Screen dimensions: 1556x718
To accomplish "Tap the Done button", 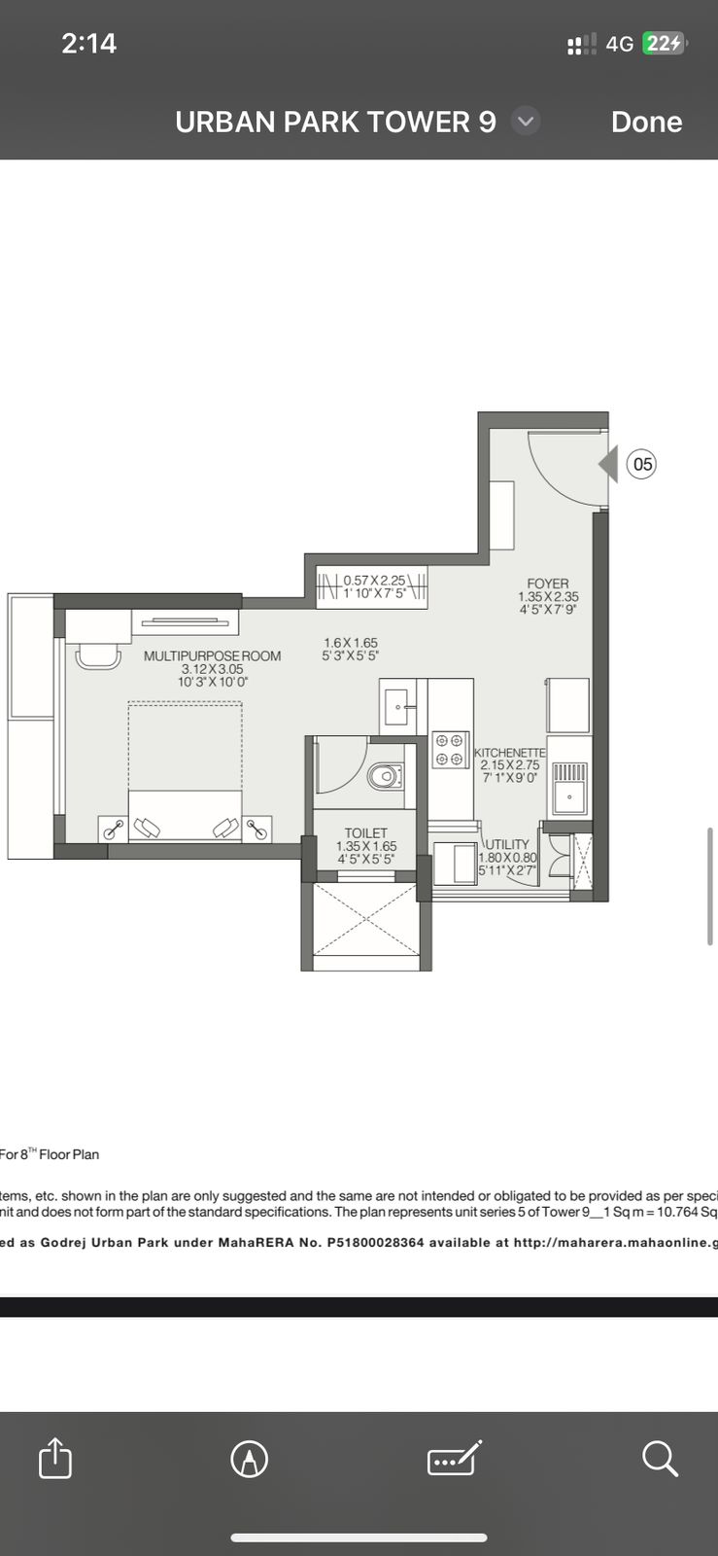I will coord(646,122).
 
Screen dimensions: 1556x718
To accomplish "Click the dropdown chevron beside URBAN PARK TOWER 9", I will coord(526,122).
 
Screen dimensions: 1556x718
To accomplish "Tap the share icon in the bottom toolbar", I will coord(55,1459).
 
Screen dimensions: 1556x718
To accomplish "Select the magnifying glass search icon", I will coord(660,1459).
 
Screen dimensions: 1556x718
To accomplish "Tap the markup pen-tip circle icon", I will coord(250,1459).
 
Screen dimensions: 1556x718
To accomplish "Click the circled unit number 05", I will coord(642,464).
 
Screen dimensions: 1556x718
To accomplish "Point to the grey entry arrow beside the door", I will coord(608,464).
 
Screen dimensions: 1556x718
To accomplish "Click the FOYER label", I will coord(548,583).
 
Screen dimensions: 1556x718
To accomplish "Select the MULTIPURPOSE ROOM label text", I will coord(212,656).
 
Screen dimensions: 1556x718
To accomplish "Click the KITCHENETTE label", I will coord(510,754).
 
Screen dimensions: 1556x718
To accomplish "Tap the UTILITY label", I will coord(508,844).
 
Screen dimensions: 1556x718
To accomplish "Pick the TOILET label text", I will coord(365,833).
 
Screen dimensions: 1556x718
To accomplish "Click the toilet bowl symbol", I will coord(384,775).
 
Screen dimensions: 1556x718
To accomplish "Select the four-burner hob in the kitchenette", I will coord(449,750).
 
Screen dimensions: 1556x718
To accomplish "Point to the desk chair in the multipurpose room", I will coord(98,656).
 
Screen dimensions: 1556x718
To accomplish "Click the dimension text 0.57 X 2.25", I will coord(374,580).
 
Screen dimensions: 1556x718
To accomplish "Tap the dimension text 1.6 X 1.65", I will coord(351,643).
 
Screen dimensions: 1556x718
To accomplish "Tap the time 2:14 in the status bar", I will coord(88,43).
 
